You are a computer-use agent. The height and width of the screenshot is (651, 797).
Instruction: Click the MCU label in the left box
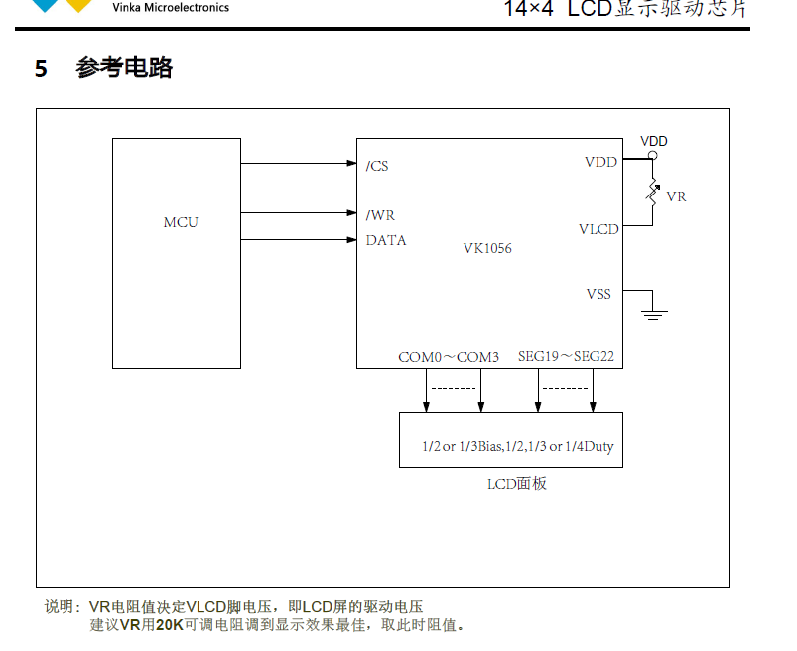[181, 222]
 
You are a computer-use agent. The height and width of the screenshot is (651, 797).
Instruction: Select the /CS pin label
[377, 166]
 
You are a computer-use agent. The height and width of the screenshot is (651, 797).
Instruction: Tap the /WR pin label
[380, 214]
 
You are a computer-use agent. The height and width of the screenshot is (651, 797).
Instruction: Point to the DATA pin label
[386, 240]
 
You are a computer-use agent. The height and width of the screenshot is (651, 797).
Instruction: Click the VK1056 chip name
[487, 248]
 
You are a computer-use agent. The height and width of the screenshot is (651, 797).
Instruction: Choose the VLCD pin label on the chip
[598, 229]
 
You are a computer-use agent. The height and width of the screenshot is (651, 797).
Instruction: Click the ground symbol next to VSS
[653, 314]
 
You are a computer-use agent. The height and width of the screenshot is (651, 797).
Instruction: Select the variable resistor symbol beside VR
[653, 193]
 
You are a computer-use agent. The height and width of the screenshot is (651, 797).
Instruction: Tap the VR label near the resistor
[677, 196]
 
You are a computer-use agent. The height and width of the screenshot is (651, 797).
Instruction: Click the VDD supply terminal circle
[653, 156]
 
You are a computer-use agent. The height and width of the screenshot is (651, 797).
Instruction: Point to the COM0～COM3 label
[449, 356]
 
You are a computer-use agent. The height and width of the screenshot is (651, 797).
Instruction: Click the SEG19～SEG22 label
[566, 356]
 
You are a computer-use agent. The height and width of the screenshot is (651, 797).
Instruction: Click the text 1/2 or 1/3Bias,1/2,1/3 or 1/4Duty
[517, 446]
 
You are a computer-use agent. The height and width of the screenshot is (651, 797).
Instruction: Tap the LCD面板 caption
[516, 484]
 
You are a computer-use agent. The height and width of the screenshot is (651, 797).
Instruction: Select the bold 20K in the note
[170, 625]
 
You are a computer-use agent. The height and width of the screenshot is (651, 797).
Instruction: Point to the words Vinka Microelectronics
[171, 8]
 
